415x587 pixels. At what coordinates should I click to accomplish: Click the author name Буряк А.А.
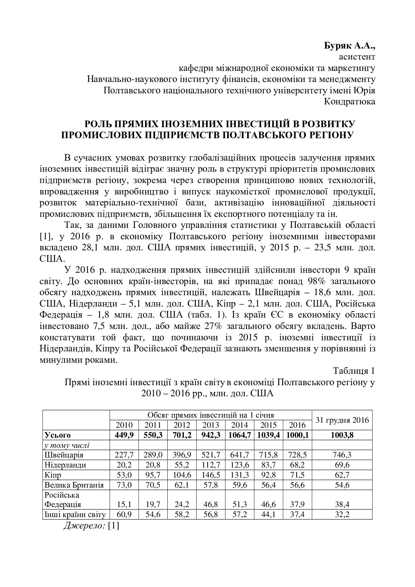(349, 46)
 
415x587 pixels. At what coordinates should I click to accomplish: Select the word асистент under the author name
(357, 57)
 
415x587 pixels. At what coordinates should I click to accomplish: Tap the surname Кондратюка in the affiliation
(349, 101)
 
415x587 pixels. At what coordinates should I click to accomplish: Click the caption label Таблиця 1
(353, 371)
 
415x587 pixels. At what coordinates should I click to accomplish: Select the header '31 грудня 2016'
(342, 420)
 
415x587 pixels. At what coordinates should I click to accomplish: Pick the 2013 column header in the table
(211, 425)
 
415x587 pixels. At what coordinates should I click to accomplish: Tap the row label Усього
(58, 435)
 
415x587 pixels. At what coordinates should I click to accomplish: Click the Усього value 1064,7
(240, 435)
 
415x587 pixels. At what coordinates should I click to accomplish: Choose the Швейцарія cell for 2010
(124, 455)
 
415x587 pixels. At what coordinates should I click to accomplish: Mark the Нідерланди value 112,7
(211, 465)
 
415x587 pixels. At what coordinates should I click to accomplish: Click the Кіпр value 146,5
(211, 475)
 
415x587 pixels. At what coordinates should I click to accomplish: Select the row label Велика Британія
(74, 485)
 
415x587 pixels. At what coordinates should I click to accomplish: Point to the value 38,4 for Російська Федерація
(342, 504)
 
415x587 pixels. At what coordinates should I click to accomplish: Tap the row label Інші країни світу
(75, 514)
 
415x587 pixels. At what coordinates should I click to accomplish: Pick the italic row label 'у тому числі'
(67, 445)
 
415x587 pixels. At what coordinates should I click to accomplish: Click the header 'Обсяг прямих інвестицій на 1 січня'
(211, 415)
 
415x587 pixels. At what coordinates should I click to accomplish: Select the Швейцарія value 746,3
(342, 455)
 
